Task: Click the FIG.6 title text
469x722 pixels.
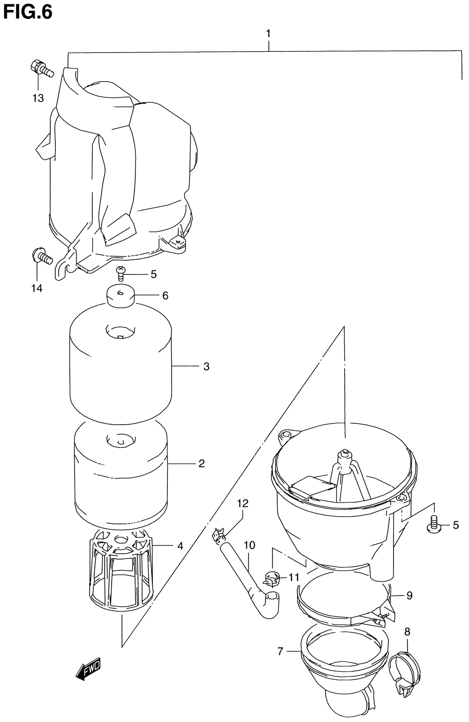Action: tap(27, 13)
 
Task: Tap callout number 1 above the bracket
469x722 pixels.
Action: tap(268, 33)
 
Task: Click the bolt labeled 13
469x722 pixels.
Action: tap(42, 68)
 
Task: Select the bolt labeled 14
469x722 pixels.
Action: tap(42, 256)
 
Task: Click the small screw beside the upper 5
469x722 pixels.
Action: tap(121, 273)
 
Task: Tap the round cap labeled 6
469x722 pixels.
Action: tap(121, 296)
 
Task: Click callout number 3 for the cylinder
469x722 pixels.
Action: tap(206, 366)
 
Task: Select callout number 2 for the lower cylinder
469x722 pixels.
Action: tap(202, 464)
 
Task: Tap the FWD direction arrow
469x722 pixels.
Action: tap(88, 671)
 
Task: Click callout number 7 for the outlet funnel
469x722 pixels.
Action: tap(280, 652)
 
